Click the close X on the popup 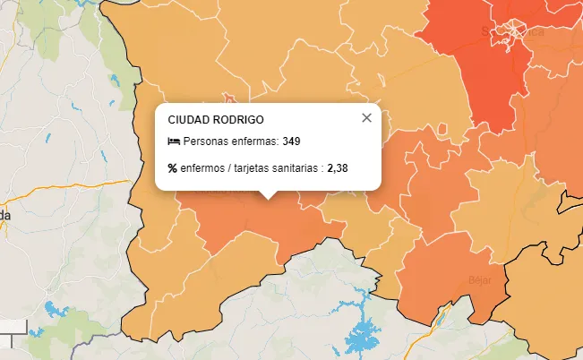click(x=366, y=117)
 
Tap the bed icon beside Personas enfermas click(x=174, y=141)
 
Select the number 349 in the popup click(x=291, y=141)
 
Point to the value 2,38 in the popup click(x=338, y=167)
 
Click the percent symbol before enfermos click(x=173, y=167)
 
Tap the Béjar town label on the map click(x=480, y=279)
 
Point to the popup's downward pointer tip click(x=268, y=197)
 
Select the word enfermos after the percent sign click(x=201, y=167)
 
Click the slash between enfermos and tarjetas click(x=228, y=167)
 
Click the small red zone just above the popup click(x=231, y=96)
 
